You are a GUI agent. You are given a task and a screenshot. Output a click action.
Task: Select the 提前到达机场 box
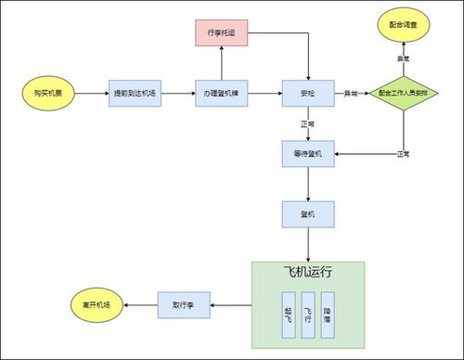click(x=134, y=94)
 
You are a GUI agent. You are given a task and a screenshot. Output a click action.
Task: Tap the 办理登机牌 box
click(x=220, y=94)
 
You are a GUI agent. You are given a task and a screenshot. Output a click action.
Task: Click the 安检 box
click(x=307, y=94)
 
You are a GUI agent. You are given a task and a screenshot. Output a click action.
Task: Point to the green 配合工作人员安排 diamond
click(x=404, y=94)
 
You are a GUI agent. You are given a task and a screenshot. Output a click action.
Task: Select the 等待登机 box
click(x=307, y=153)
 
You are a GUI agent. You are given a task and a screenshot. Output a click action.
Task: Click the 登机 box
click(x=307, y=214)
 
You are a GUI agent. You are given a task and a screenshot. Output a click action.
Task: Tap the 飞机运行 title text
click(x=307, y=275)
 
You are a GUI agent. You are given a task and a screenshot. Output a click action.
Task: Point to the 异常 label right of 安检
click(x=353, y=94)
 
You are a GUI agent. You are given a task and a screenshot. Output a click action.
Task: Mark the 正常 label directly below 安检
click(x=307, y=124)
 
